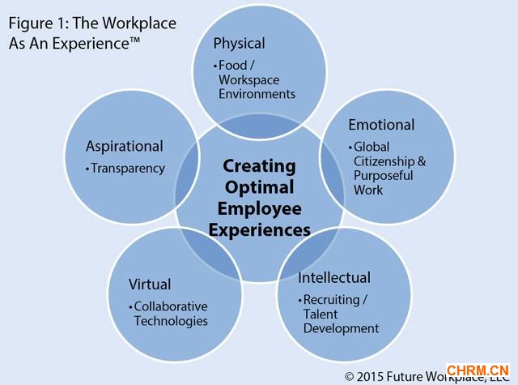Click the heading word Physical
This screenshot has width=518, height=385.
(239, 43)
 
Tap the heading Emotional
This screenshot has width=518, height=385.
(381, 125)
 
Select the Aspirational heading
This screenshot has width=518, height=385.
(124, 147)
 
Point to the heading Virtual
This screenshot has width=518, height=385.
(150, 284)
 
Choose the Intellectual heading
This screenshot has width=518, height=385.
(334, 278)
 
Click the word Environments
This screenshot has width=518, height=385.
(257, 94)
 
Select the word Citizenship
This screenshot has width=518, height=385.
(384, 161)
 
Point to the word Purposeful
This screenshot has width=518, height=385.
(383, 175)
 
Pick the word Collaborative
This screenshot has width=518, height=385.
(171, 306)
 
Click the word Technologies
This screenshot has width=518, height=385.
(171, 321)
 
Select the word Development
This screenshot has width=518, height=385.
(341, 328)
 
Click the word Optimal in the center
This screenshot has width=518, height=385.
(259, 187)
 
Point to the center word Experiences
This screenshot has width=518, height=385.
(259, 230)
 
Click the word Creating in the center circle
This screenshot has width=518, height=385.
(259, 166)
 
